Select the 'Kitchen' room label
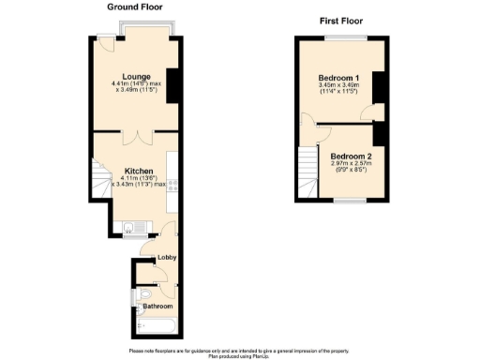(139, 171)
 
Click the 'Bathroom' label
(157, 306)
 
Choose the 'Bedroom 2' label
(351, 156)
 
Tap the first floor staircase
(307, 174)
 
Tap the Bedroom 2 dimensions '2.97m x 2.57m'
(351, 165)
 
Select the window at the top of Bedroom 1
(338, 37)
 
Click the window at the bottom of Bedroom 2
(352, 201)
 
